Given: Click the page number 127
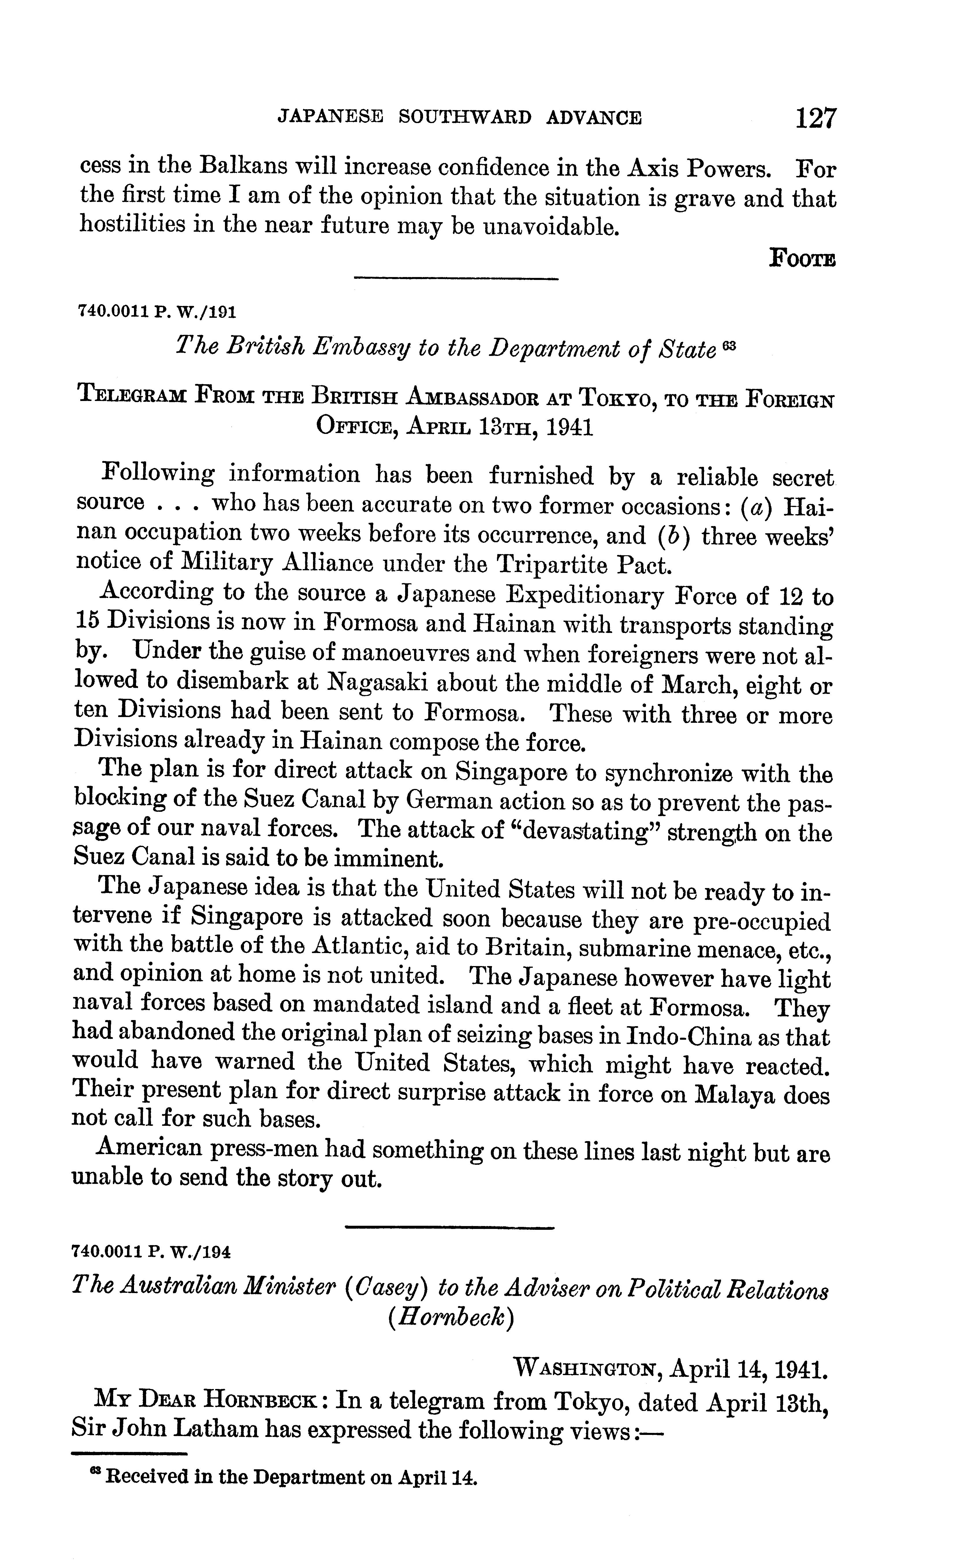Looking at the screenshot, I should coord(816,118).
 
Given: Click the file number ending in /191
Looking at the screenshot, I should coord(156,311).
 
